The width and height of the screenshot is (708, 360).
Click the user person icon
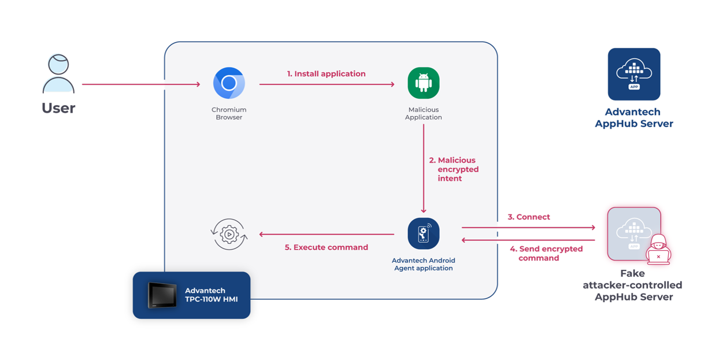tap(58, 73)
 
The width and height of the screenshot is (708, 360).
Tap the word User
tap(58, 108)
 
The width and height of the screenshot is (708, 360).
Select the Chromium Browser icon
tap(229, 83)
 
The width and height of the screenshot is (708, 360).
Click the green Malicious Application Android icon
tap(423, 83)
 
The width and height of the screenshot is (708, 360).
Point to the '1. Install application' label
tap(326, 74)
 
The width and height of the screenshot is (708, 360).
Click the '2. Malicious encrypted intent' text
tap(454, 169)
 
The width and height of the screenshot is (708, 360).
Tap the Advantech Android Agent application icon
tap(423, 233)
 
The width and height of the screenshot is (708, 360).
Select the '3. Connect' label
tap(529, 217)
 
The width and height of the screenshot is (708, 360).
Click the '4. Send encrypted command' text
tap(546, 253)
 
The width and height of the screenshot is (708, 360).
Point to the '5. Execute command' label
tap(326, 247)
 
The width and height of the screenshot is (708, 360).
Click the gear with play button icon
tap(229, 234)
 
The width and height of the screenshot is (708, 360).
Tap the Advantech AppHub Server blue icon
tap(633, 74)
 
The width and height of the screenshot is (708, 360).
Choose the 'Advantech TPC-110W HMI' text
tap(211, 295)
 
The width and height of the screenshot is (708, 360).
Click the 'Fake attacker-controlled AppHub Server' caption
tap(633, 285)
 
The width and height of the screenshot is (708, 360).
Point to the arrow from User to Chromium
tap(141, 84)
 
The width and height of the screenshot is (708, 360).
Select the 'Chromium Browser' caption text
tap(229, 113)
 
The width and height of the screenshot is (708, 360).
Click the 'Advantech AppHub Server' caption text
tap(633, 118)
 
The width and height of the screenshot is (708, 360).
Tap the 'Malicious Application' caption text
tap(423, 113)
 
